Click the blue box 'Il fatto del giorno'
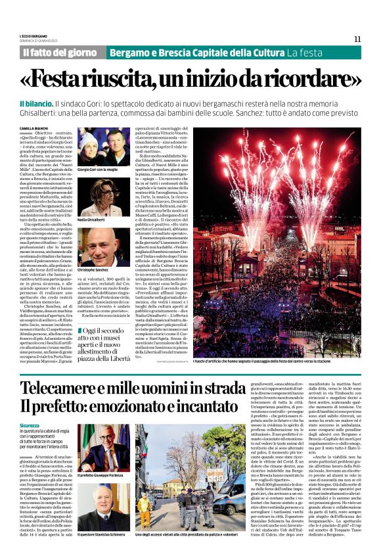(x=60, y=52)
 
